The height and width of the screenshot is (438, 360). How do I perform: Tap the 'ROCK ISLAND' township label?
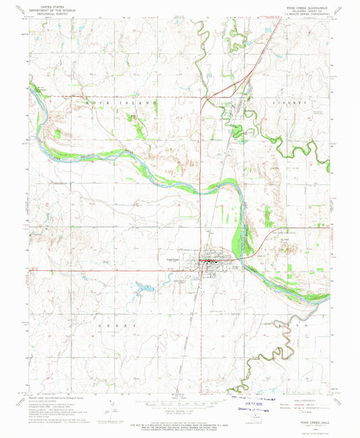(122, 101)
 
